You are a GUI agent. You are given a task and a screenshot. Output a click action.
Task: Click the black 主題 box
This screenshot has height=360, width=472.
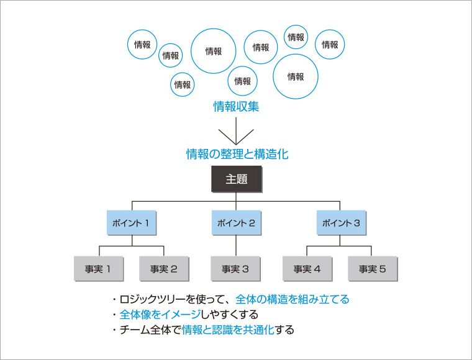(236, 179)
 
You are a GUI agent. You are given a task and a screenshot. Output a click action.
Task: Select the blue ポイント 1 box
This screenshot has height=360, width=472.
(130, 223)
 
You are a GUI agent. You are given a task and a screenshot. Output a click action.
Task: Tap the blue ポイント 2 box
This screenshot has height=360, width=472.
(236, 223)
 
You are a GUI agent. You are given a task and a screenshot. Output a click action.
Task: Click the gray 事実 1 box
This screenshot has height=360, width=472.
(98, 269)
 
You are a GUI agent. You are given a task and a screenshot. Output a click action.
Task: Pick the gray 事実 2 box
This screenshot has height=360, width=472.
(164, 269)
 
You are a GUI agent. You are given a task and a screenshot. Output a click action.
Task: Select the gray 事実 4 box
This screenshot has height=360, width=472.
(307, 269)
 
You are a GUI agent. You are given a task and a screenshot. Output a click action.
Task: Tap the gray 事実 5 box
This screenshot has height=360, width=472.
(372, 269)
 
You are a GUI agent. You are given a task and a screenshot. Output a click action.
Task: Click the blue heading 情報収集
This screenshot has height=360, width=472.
(236, 107)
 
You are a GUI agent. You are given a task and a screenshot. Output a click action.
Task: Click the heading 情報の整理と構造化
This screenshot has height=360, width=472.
(237, 154)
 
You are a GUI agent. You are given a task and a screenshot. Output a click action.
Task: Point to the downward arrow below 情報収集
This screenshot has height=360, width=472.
(236, 133)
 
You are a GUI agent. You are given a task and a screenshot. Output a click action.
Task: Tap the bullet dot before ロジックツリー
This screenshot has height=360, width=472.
(114, 299)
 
